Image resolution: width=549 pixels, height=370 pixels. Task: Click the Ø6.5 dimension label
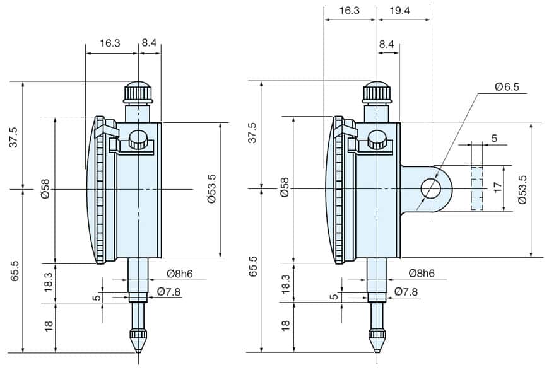coord(507,88)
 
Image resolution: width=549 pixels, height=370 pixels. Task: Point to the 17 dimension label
coord(498,187)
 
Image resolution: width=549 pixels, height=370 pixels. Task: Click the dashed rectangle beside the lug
coord(476,188)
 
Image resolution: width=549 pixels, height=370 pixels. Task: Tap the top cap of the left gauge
coord(139,92)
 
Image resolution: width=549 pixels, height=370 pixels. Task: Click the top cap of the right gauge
coord(377,92)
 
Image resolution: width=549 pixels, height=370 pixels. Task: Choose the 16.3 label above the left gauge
coord(110,43)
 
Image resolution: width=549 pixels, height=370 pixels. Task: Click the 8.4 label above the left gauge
coord(150,43)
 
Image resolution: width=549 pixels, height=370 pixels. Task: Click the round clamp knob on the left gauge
coord(138,139)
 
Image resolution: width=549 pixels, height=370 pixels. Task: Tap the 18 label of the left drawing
coord(48,325)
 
